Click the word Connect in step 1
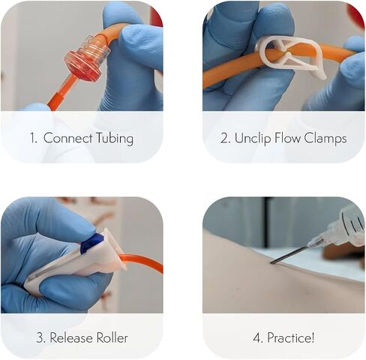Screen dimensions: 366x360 click(68, 138)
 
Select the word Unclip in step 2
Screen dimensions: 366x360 click(253, 138)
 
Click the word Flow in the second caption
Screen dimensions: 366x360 click(288, 138)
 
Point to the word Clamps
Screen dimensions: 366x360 click(325, 138)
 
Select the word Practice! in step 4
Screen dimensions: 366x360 click(291, 337)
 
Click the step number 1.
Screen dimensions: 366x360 click(33, 138)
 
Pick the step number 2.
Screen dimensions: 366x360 click(226, 138)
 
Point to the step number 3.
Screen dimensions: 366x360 click(41, 338)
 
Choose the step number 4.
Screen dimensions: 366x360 click(258, 338)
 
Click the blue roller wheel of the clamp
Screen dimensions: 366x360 click(92, 243)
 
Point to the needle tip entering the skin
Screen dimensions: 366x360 click(271, 262)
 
